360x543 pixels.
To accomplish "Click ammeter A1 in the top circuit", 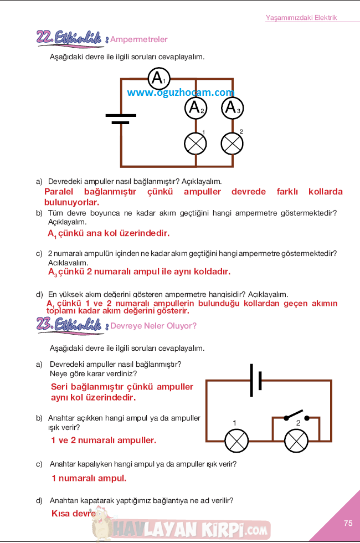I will [159, 79].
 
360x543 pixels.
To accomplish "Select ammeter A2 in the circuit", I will [196, 107].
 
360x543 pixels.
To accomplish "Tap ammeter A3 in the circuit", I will [232, 107].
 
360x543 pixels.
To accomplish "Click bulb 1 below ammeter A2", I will [196, 144].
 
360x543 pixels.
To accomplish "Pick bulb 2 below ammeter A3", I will [232, 144].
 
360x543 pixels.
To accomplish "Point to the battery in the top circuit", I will [120, 119].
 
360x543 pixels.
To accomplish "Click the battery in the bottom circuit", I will [256, 380].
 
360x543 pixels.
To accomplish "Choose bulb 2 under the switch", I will [296, 441].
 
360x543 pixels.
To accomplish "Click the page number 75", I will [348, 523].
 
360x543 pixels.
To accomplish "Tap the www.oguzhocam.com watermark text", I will [181, 93].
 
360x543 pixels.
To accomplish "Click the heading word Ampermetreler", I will [139, 39].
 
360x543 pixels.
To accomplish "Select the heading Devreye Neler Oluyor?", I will [153, 326].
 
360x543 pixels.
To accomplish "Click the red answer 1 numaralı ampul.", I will [89, 478].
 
